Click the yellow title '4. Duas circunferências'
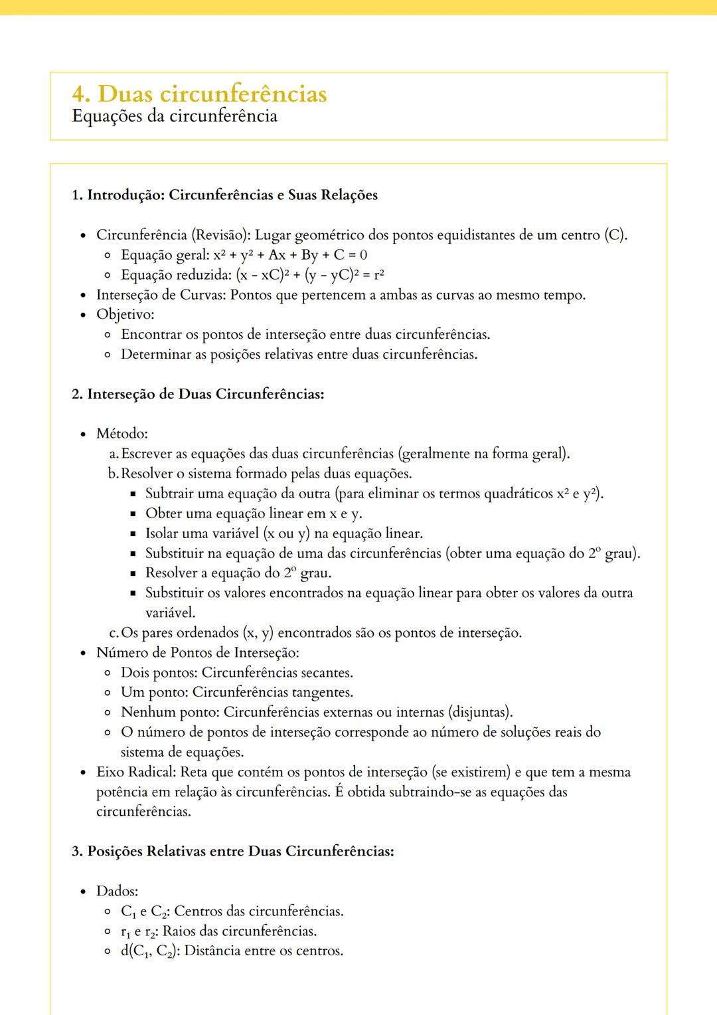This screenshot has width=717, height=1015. [x=199, y=94]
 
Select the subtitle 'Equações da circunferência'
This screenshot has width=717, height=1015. [x=174, y=116]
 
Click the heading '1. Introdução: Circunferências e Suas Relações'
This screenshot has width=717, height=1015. [x=224, y=195]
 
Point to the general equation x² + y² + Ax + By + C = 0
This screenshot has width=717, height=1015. [x=290, y=255]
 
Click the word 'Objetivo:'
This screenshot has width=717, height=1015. [x=125, y=314]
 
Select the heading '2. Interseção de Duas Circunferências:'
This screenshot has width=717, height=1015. [x=198, y=395]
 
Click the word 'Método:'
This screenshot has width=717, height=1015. [x=122, y=434]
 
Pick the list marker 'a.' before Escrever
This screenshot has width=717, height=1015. [x=114, y=454]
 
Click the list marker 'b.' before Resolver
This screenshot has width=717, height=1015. [x=114, y=474]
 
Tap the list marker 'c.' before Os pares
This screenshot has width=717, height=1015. [x=114, y=633]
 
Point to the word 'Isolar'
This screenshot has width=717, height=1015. [x=161, y=533]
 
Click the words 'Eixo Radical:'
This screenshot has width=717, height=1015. [x=136, y=772]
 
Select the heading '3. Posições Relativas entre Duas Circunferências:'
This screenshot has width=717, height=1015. [x=232, y=852]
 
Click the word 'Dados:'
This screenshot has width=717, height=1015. [x=117, y=891]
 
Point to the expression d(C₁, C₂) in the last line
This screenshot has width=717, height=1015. [x=150, y=951]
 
